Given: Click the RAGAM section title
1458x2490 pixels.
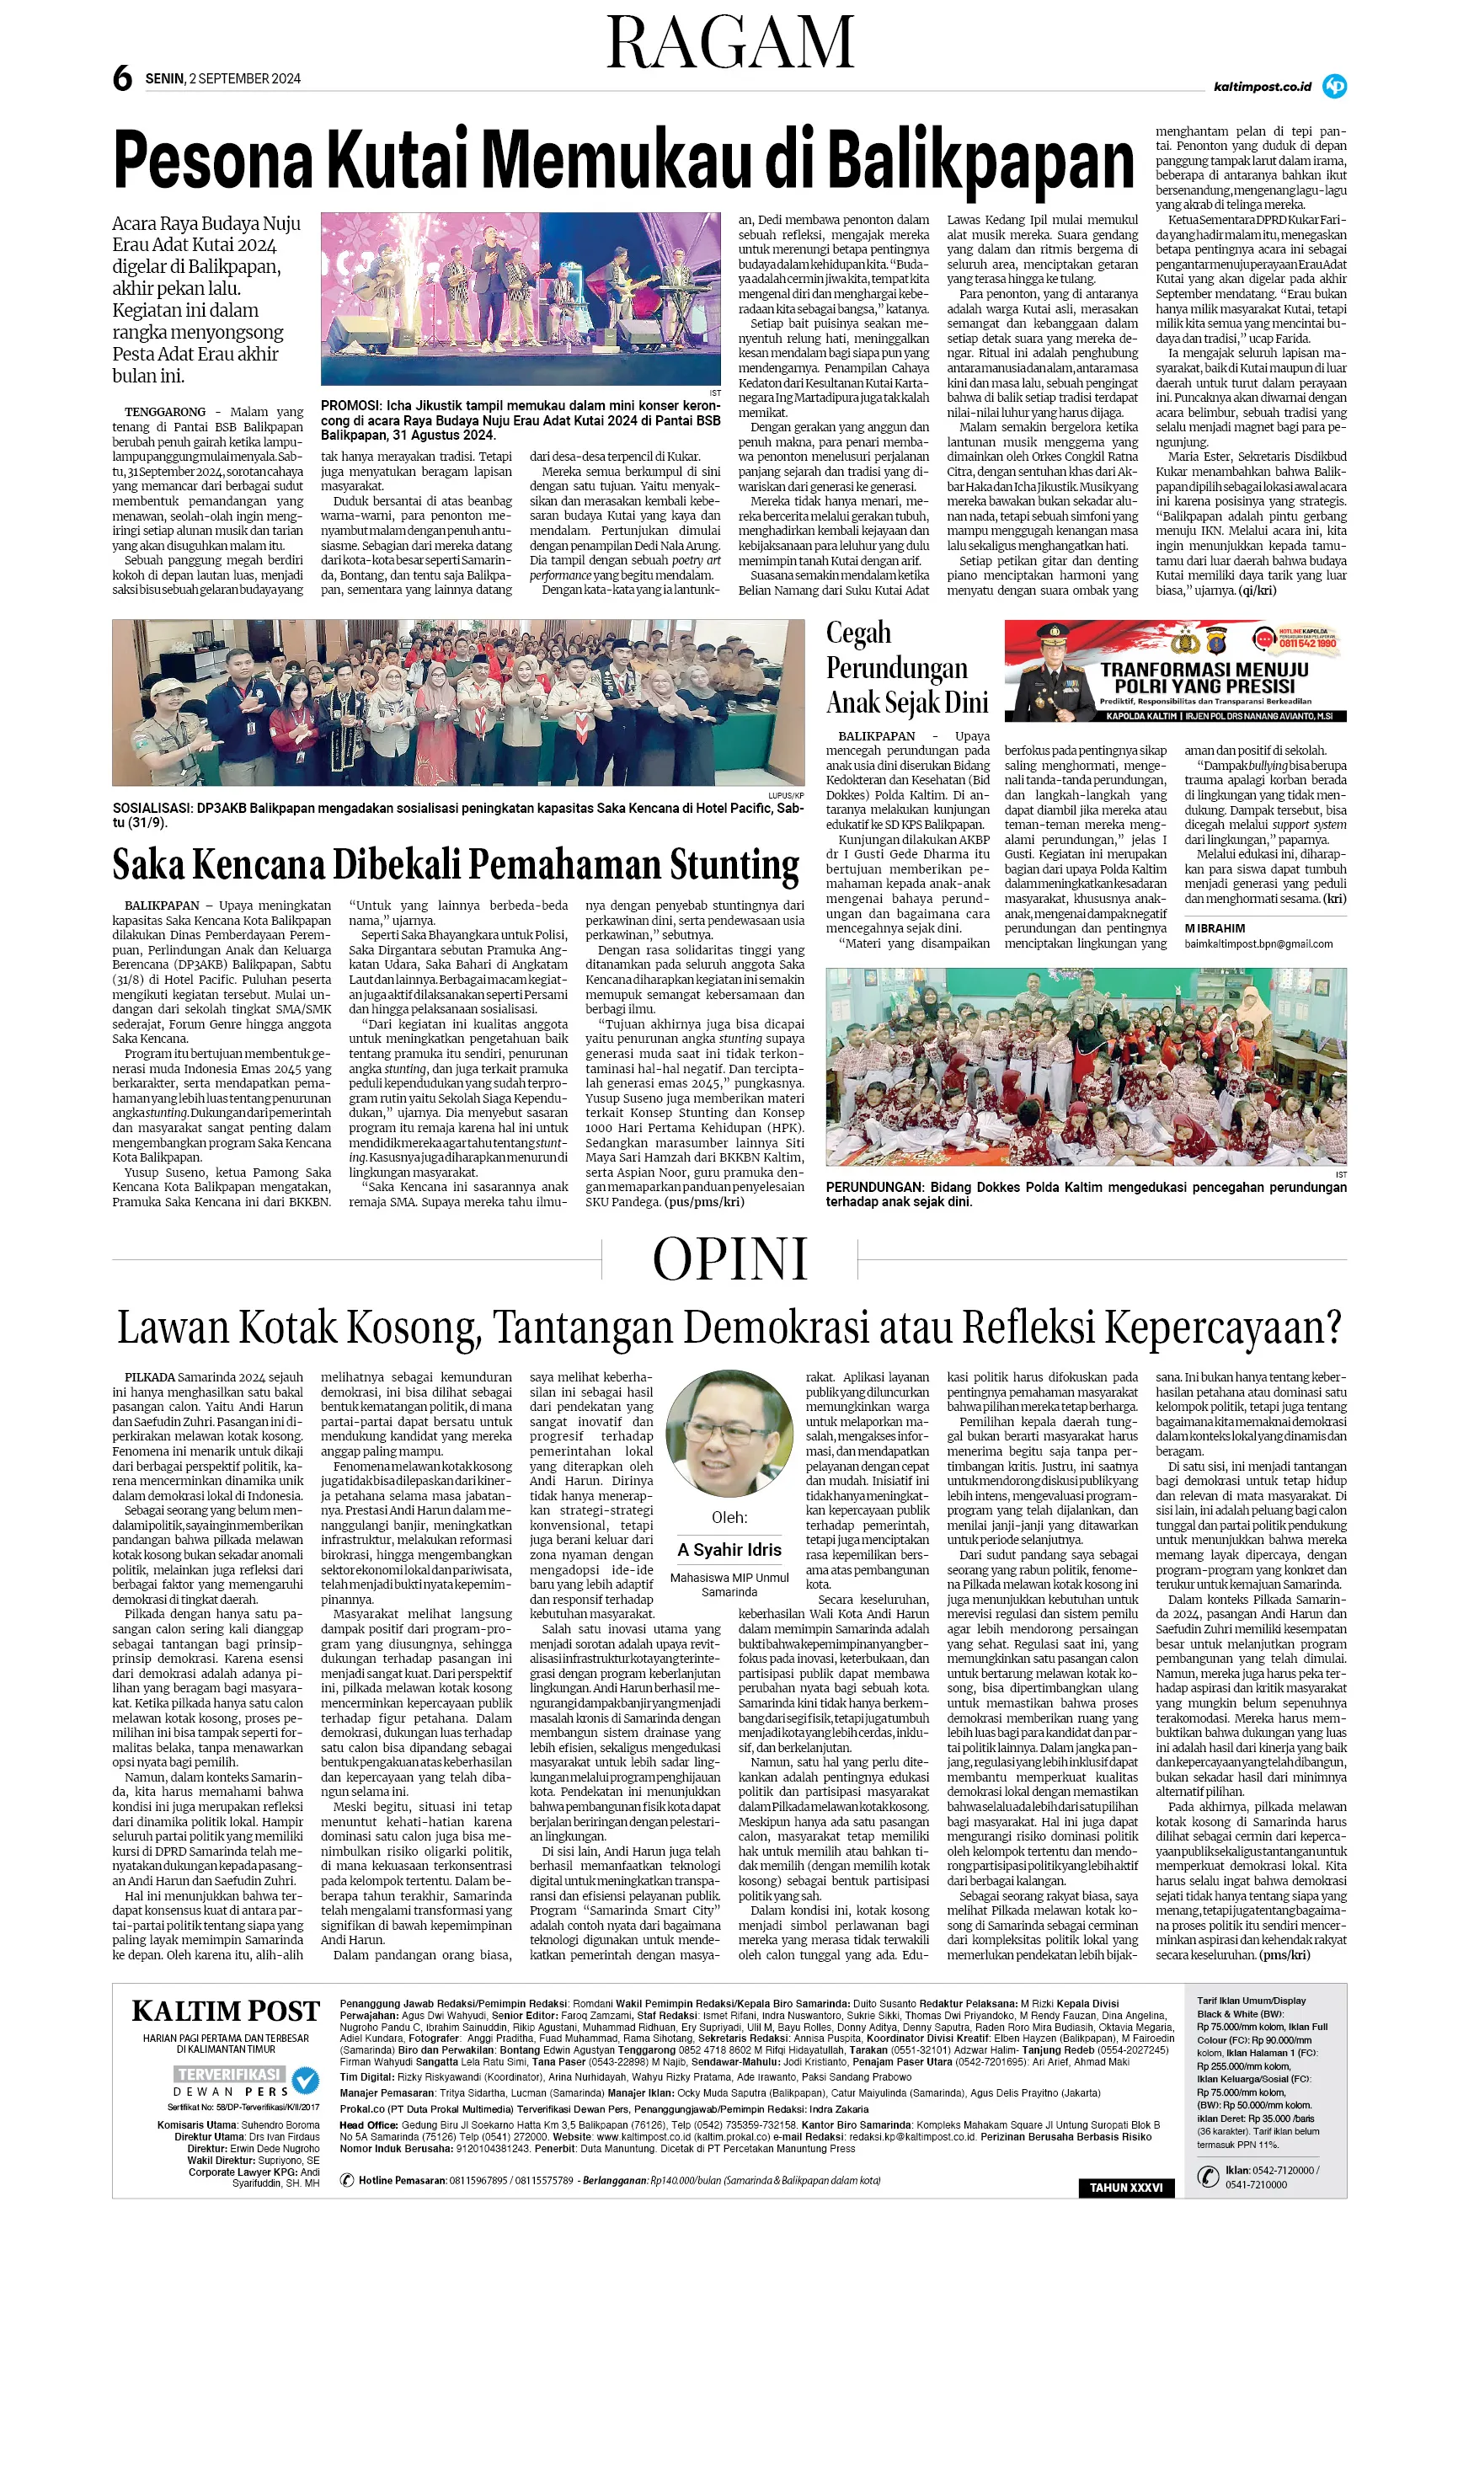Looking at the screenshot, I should click(x=730, y=44).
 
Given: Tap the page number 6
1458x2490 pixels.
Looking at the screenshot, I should click(x=121, y=79).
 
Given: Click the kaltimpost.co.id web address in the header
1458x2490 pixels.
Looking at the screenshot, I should click(x=1262, y=87).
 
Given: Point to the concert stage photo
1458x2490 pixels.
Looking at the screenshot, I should click(x=521, y=298).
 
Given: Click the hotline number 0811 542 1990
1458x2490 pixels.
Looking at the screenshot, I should click(x=1308, y=644).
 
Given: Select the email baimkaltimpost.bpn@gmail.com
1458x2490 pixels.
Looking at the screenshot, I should click(x=1258, y=943).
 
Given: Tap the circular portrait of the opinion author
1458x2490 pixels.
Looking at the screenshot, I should click(x=729, y=1433).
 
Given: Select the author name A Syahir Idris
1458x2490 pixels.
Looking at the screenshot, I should click(x=729, y=1549).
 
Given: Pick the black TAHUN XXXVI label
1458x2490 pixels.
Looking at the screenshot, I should click(x=1125, y=2188).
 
